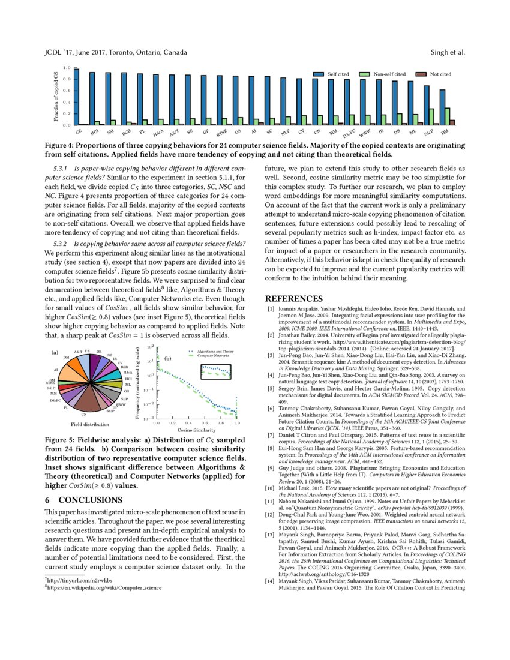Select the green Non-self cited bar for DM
tap(447, 116)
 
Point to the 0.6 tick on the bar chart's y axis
tap(68, 91)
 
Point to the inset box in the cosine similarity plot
tap(216, 372)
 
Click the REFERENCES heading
tap(294, 298)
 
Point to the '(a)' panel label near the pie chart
tap(55, 352)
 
